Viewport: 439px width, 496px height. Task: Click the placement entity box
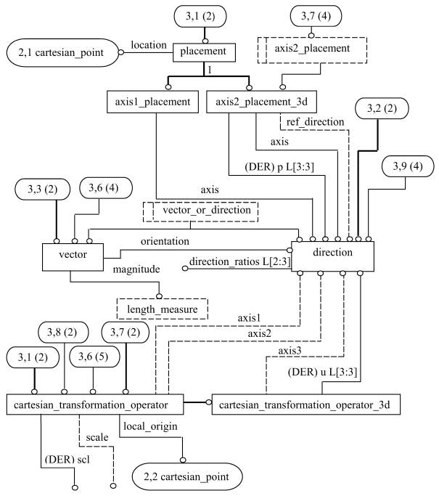tap(204, 52)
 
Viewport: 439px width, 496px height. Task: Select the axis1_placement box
tap(152, 102)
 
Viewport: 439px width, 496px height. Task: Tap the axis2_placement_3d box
tap(261, 102)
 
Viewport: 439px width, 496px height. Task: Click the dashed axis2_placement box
tap(312, 50)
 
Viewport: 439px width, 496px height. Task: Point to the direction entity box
tap(332, 256)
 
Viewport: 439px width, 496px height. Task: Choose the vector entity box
tap(73, 257)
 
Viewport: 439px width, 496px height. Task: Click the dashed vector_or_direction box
tap(200, 211)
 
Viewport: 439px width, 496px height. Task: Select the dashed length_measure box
tap(163, 309)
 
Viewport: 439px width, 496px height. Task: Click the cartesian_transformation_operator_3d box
tap(306, 404)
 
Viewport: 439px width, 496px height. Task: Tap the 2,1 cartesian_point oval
tap(62, 52)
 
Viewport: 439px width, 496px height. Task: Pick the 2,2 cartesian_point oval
tap(187, 476)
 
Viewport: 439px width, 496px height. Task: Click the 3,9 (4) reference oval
tap(408, 166)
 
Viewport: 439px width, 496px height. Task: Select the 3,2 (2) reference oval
tap(382, 108)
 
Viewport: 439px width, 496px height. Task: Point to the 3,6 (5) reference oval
tap(94, 357)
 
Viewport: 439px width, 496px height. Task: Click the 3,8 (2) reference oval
tap(63, 333)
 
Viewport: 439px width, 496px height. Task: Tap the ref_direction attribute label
tap(315, 122)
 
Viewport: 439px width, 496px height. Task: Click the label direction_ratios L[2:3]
tap(239, 262)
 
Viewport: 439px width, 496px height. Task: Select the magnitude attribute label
tap(136, 269)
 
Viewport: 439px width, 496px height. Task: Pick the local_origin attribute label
tap(150, 426)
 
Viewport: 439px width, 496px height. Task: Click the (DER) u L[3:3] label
tap(322, 372)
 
